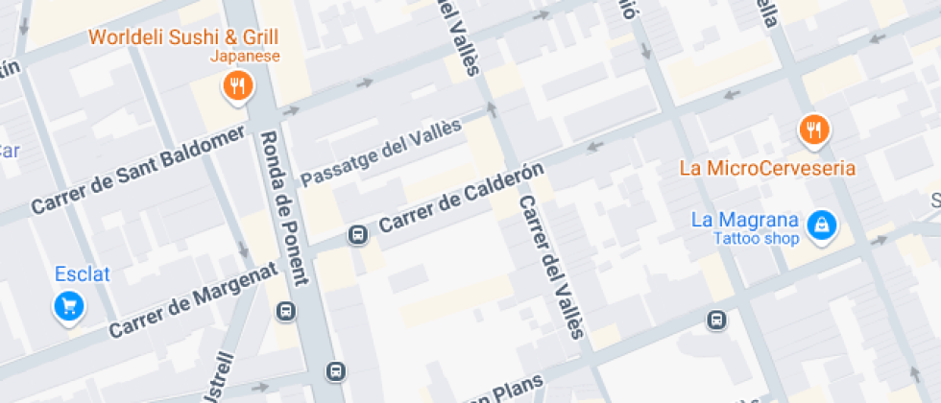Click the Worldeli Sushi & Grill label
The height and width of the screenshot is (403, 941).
(x=183, y=37)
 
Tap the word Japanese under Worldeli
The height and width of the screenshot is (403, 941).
(x=245, y=57)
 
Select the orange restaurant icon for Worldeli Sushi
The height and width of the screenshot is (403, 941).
(x=236, y=88)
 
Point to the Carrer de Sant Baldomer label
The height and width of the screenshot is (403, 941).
(x=138, y=172)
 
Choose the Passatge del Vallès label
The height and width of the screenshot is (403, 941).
(x=381, y=153)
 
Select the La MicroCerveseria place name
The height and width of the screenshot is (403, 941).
(x=767, y=168)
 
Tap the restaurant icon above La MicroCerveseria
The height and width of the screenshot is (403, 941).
(x=814, y=129)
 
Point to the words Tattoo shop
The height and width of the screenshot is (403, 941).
(x=756, y=239)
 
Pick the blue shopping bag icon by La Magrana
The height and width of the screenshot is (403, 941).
(x=821, y=225)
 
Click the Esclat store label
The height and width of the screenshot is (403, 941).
(x=82, y=274)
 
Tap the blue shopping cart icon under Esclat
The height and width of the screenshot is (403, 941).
(x=69, y=306)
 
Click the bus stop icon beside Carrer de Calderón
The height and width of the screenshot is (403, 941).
(x=357, y=234)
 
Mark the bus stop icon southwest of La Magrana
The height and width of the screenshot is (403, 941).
(x=716, y=320)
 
